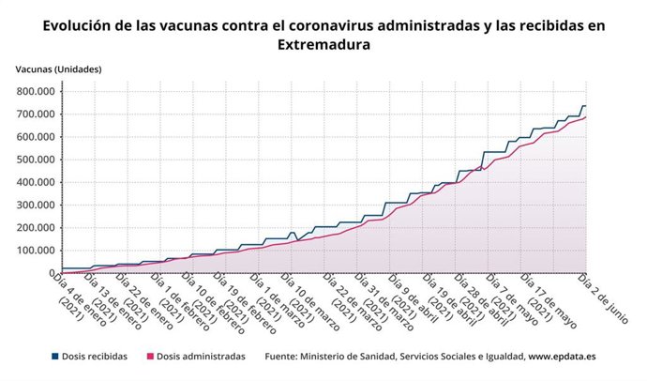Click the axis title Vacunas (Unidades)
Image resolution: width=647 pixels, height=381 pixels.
pos(58,69)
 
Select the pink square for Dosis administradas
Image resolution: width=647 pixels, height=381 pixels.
pos(148,357)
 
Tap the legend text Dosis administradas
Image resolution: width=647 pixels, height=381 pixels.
pos(201,357)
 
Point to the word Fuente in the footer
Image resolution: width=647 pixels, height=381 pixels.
pos(284,357)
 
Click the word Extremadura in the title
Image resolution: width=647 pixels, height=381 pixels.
pos(323,44)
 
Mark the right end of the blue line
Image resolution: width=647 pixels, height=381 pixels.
pos(585,106)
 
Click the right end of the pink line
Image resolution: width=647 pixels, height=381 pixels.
pos(585,117)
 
